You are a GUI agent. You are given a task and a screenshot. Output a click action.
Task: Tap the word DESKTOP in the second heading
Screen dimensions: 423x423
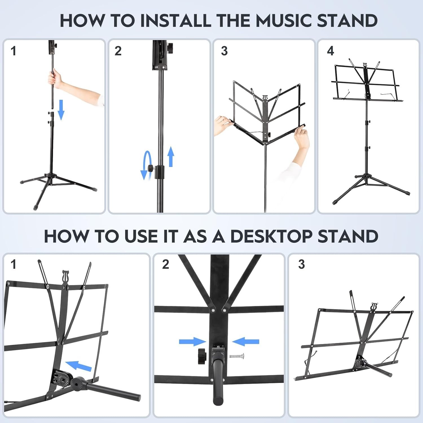[270, 236]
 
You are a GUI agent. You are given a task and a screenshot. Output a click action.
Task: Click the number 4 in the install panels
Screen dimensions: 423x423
[330, 51]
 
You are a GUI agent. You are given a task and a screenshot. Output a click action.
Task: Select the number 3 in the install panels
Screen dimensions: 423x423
[224, 51]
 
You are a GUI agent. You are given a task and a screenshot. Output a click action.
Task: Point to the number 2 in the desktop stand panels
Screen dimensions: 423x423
[166, 264]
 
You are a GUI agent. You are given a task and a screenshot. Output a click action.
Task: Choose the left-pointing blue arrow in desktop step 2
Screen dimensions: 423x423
[245, 342]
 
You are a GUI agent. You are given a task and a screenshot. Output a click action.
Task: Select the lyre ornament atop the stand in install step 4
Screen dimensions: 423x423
[365, 65]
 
